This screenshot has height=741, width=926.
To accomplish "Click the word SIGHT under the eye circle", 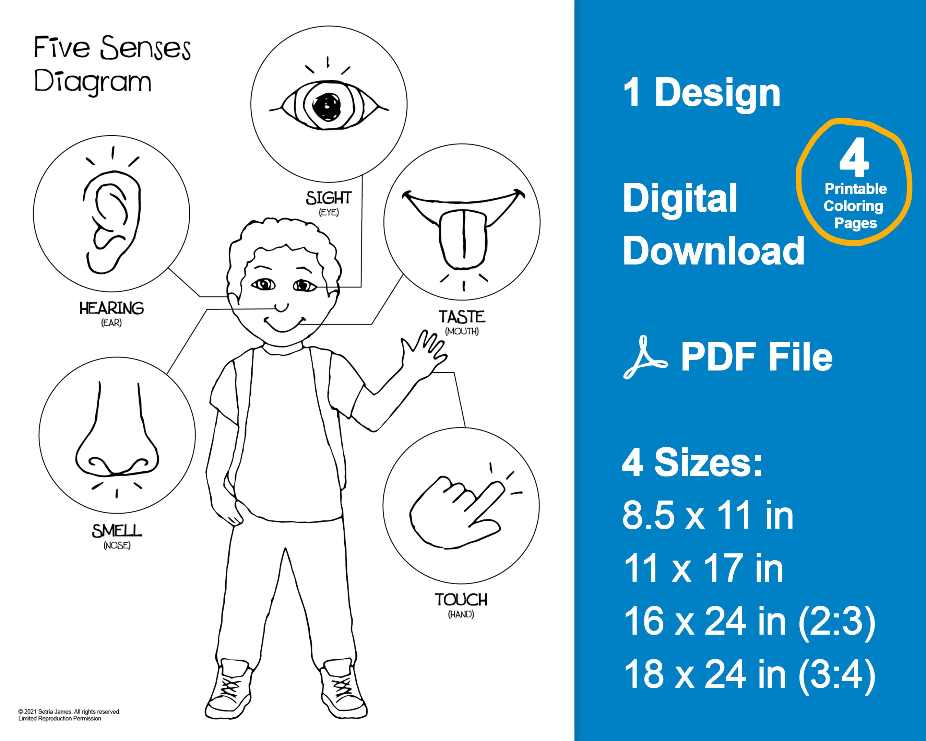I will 329,198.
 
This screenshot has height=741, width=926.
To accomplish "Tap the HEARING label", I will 111,308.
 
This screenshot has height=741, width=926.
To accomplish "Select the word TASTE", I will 462,317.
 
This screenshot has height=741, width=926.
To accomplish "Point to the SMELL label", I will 117,531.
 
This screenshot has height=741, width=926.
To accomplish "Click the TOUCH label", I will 461,600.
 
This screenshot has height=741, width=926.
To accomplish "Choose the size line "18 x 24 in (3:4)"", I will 749,674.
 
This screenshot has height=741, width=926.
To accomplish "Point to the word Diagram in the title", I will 92,82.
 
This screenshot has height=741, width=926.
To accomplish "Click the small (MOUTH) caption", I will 462,331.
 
